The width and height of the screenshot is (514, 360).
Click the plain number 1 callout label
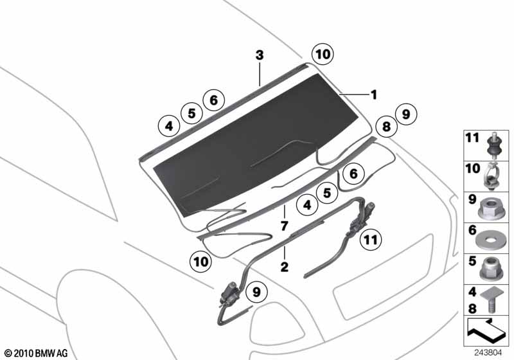point(374,95)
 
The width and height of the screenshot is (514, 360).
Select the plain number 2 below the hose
point(284,267)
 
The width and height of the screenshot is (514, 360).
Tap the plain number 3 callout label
point(260,55)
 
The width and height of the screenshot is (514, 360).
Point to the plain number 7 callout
point(284,226)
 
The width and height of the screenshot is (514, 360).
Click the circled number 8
point(387,126)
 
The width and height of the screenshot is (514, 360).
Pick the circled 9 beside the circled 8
point(406,114)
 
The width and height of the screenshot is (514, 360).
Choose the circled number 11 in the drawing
point(371,240)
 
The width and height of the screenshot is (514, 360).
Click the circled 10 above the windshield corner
point(323,54)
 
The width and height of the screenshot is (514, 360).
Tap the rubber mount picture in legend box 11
point(494,145)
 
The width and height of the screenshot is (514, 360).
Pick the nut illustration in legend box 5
point(490,269)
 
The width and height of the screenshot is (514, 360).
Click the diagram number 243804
point(488,353)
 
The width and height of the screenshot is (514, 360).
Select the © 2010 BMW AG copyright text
point(37,353)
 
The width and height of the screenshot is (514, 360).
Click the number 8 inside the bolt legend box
point(472,308)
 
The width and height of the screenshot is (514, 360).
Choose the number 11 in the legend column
point(472,138)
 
